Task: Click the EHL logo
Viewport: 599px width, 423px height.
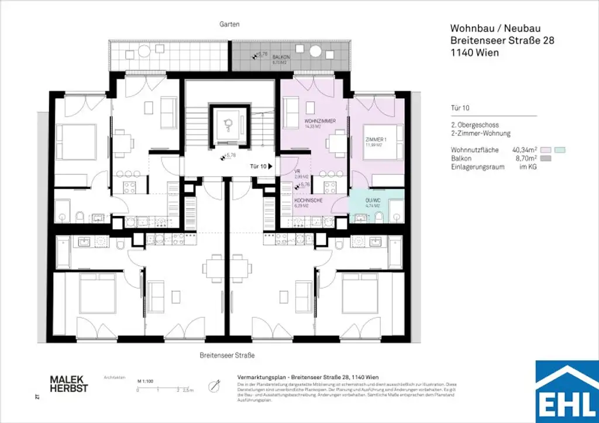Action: [567, 391]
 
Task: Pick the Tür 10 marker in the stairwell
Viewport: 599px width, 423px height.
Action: [261, 167]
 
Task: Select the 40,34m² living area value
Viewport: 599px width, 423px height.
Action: [525, 150]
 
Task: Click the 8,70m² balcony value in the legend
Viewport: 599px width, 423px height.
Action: [525, 159]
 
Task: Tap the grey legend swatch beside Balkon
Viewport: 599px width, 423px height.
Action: [546, 159]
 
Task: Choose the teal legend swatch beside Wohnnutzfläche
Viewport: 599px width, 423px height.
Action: [560, 150]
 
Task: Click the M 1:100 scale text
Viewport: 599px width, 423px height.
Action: [145, 381]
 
